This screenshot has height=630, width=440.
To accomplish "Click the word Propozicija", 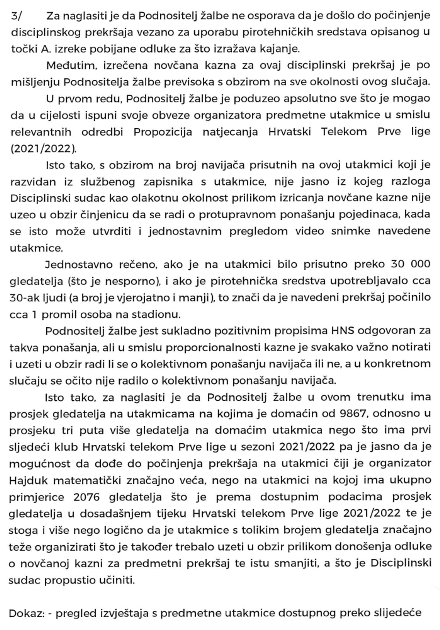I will [162, 132].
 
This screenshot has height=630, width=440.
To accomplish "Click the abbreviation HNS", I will [345, 331].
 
